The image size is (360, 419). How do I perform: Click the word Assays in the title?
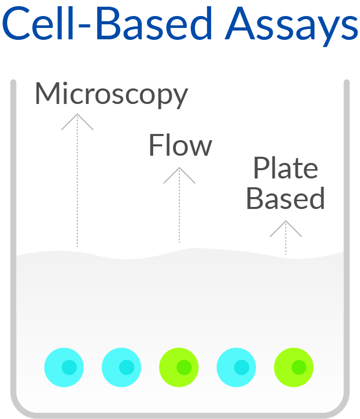pos(291,26)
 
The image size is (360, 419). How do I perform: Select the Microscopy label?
pos(111,95)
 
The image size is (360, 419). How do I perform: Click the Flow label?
pos(181,145)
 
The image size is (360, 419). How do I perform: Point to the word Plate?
pos(286,168)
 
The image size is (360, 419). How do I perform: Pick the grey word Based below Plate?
pos(286,198)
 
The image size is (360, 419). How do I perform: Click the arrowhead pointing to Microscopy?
pos(77,122)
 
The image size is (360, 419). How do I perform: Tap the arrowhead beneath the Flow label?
pos(179,175)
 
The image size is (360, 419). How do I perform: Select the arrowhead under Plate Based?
pos(286,229)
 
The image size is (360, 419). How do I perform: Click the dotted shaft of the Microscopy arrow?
pos(77,181)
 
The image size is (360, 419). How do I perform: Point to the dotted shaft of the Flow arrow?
pos(179,205)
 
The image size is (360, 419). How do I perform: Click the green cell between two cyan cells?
pos(179,367)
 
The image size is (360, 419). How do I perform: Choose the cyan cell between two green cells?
pos(236,367)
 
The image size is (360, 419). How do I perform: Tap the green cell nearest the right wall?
pos(294,367)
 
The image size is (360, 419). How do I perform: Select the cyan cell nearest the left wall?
pos(64,367)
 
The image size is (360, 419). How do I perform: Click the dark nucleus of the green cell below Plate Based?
pos(299,367)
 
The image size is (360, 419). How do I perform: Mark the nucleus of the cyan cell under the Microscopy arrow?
pos(69,367)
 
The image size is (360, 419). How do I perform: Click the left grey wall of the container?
pos(13,241)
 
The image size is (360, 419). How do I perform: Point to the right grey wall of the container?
pos(347,241)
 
